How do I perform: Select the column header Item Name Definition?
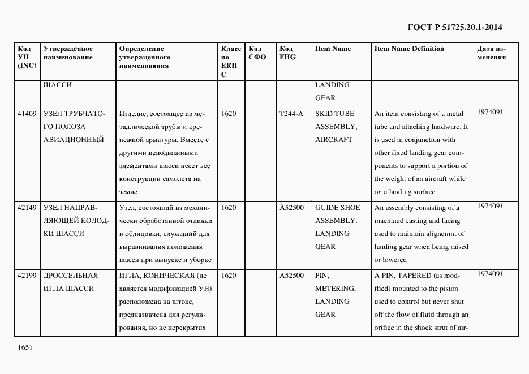point(409,49)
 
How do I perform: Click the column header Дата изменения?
point(491,53)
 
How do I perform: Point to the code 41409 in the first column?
point(27,114)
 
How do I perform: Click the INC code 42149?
point(27,208)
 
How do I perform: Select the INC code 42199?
point(27,276)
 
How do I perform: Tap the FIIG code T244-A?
point(291,114)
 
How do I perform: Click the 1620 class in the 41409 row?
point(229,114)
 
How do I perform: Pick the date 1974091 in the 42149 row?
point(490,206)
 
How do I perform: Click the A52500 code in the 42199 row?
point(291,276)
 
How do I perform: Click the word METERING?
point(335,289)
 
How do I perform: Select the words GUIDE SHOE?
point(337,208)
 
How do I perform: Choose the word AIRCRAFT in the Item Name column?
point(334,140)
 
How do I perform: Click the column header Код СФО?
point(257,53)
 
